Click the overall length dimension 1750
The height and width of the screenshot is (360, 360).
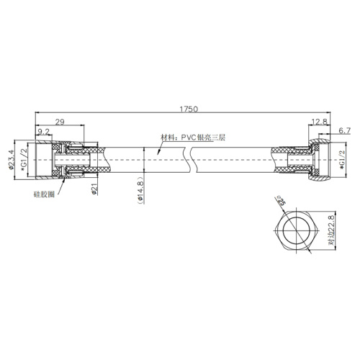(x=189, y=109)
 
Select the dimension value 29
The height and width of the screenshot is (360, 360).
(x=60, y=122)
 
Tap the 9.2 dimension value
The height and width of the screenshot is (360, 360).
(x=43, y=132)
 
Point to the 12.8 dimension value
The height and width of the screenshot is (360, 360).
(x=320, y=122)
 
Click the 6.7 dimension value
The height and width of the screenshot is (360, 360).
(x=345, y=131)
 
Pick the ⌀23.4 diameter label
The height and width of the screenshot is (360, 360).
(x=12, y=159)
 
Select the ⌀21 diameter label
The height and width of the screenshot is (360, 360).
(x=94, y=189)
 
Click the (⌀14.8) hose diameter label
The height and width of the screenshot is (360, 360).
(x=140, y=190)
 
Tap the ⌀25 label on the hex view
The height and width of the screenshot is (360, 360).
(x=281, y=200)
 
